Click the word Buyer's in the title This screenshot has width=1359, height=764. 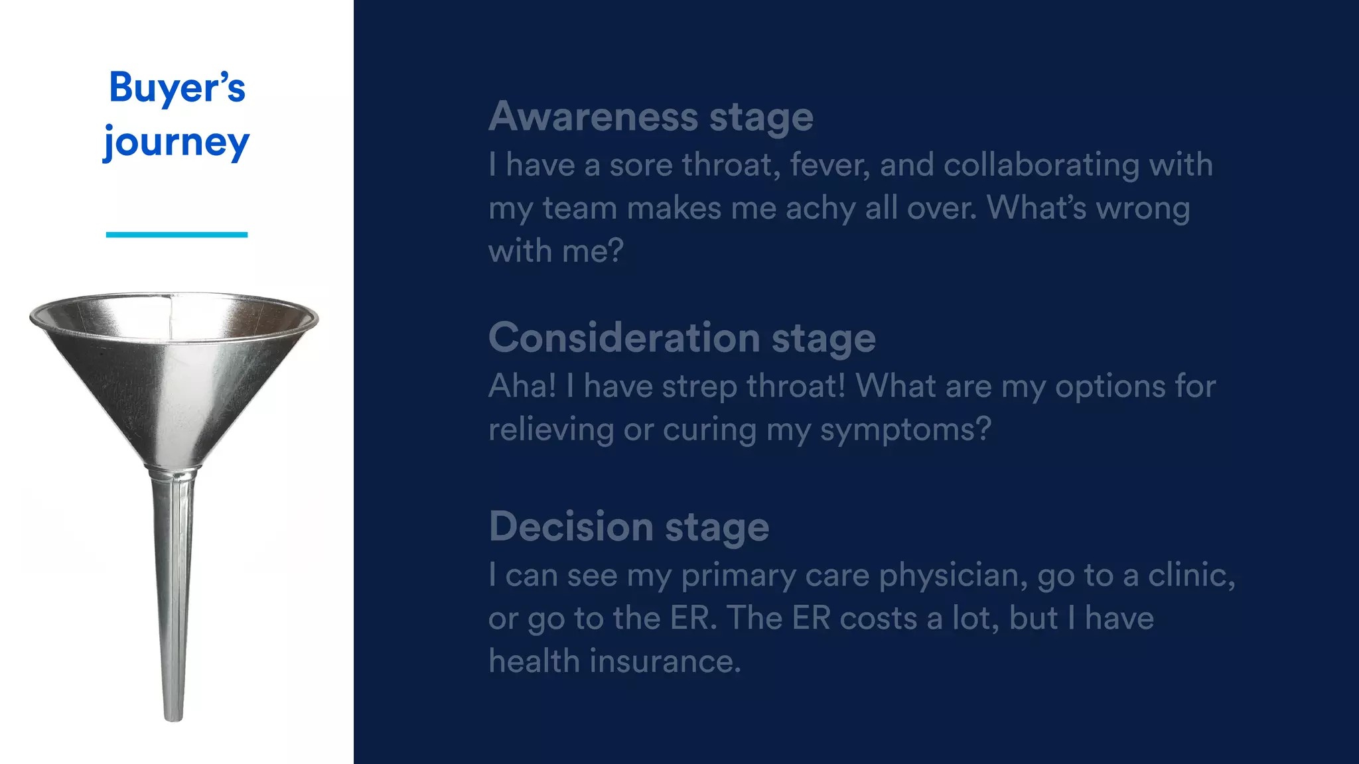pyautogui.click(x=177, y=88)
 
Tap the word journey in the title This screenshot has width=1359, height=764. pyautogui.click(x=177, y=143)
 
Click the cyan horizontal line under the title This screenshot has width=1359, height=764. pyautogui.click(x=177, y=235)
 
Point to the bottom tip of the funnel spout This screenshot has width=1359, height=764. pyautogui.click(x=173, y=718)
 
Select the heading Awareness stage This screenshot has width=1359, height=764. pyautogui.click(x=650, y=117)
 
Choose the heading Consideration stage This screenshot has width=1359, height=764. pyautogui.click(x=681, y=338)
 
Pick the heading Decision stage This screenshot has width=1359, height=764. pyautogui.click(x=628, y=527)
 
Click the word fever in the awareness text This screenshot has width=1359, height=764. pyautogui.click(x=829, y=164)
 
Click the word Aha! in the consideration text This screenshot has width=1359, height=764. pyautogui.click(x=522, y=386)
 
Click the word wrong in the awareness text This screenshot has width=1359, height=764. pyautogui.click(x=1143, y=209)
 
